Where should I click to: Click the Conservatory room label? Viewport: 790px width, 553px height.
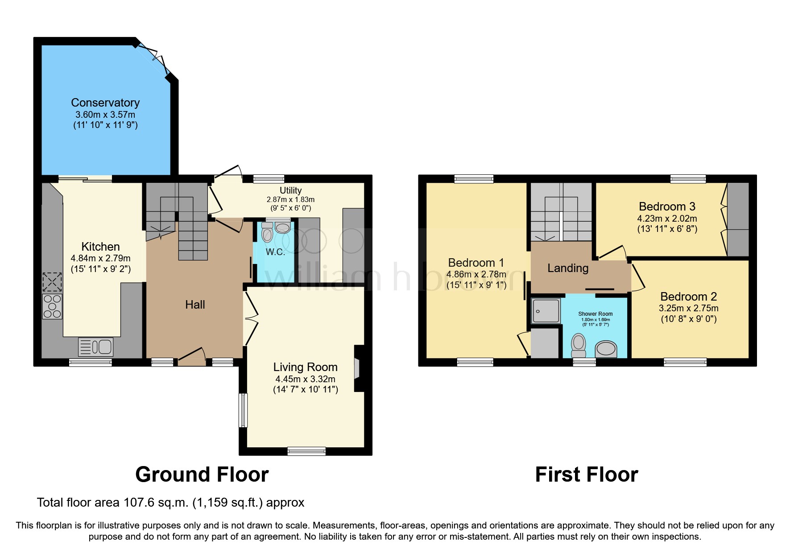coord(105,103)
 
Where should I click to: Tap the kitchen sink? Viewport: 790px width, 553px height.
coord(95,347)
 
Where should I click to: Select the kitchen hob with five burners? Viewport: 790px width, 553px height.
coord(52,306)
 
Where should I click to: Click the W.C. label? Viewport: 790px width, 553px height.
coord(275,252)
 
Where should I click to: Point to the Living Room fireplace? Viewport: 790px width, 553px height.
coord(357,368)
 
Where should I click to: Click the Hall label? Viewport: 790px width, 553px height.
coord(195,305)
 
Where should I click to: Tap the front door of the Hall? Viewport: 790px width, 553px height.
coord(192,359)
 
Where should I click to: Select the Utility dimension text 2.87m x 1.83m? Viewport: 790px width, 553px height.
coord(290,200)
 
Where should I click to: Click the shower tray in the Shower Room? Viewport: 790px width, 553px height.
coord(546,311)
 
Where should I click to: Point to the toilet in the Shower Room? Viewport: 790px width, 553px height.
coord(579,345)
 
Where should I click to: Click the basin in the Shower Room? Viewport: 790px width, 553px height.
coord(606,349)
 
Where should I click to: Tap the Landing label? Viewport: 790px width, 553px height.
coord(568,268)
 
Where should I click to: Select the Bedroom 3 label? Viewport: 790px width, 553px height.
coord(667,207)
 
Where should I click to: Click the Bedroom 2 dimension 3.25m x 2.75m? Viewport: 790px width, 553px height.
coord(688,308)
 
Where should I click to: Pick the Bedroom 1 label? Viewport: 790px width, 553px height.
coord(476,263)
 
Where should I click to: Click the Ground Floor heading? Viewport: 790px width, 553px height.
coord(202,475)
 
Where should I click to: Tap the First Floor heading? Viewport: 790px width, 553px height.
coord(586,475)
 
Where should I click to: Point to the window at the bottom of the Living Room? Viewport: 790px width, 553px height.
coord(306,451)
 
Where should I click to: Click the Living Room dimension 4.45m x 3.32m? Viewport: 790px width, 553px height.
coord(305,379)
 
